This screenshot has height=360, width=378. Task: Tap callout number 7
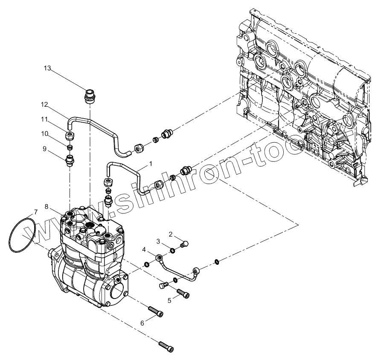(x=36, y=212)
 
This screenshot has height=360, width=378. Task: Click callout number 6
(x=142, y=323)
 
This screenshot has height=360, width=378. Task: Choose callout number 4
(x=145, y=249)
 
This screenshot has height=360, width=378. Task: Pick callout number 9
(x=45, y=149)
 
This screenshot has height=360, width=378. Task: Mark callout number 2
(x=170, y=234)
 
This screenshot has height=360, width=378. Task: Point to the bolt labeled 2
(x=185, y=245)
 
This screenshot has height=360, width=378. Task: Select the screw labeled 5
(x=182, y=293)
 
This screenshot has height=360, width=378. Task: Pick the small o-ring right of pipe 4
(x=217, y=261)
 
